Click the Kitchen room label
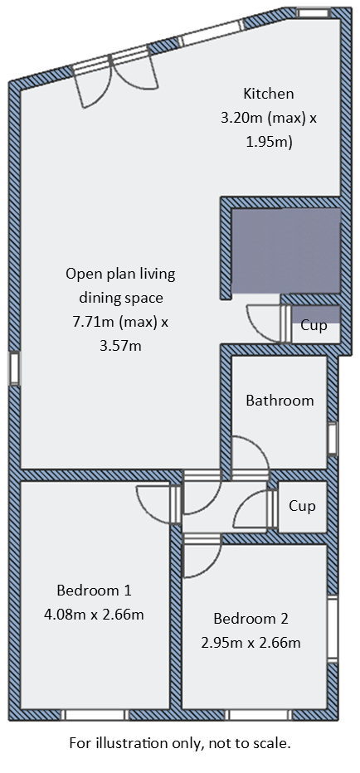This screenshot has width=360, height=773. coord(268,93)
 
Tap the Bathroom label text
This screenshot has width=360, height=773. coord(280,401)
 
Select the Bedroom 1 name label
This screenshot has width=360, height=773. coord(94,591)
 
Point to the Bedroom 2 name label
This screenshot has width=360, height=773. coord(251,618)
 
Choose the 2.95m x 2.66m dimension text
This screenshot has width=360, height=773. coord(251,642)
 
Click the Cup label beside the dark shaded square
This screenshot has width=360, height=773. coord(313,326)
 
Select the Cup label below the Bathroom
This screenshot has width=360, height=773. coord(301,505)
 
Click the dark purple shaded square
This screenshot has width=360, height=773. coord(285,250)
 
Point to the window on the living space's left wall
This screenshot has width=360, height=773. coord(14,368)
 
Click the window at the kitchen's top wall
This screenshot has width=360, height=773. coord(313,13)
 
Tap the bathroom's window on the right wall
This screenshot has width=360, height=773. coord(333,439)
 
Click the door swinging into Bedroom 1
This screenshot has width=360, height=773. coord(158,506)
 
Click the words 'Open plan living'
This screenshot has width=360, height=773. coord(120,274)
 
